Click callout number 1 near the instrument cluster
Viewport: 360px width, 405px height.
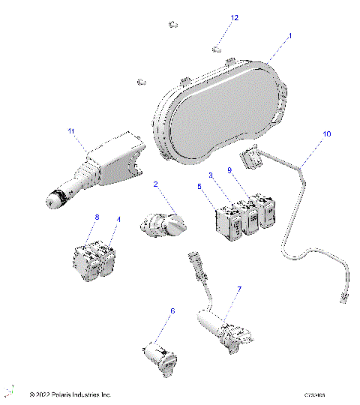click(x=290, y=35)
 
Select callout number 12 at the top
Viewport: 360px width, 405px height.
click(x=235, y=17)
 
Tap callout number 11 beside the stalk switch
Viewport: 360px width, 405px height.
click(x=72, y=132)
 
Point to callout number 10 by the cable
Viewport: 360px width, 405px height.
click(x=326, y=134)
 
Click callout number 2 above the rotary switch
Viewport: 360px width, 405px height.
click(x=155, y=184)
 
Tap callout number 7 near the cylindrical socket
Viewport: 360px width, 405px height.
click(x=239, y=289)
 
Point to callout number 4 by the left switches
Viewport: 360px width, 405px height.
click(x=118, y=220)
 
